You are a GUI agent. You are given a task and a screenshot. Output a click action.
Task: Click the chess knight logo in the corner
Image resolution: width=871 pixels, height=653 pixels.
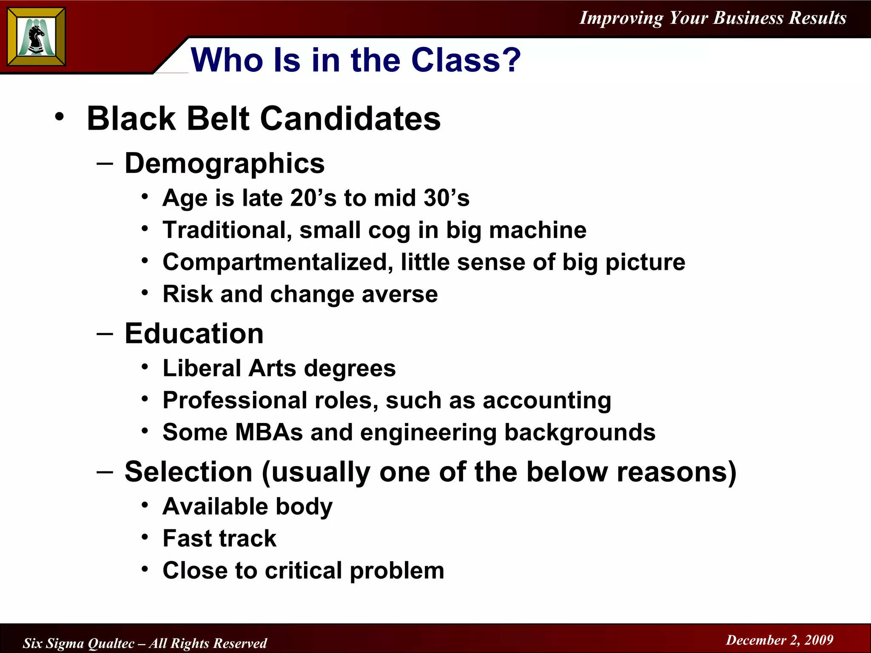pos(37,37)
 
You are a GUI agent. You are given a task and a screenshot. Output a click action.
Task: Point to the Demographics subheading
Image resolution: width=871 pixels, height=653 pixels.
pos(224,163)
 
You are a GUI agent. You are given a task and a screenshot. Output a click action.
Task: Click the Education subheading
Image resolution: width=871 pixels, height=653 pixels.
pos(194,333)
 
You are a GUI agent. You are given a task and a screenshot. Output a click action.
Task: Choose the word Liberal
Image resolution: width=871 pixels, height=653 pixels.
pos(202,368)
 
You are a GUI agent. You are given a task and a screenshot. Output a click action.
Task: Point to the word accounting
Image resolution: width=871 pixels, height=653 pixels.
pos(547,401)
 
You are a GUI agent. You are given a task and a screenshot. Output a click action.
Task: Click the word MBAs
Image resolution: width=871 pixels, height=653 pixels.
pos(269,432)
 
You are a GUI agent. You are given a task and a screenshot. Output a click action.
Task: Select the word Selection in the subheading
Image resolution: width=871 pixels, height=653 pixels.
pos(188,472)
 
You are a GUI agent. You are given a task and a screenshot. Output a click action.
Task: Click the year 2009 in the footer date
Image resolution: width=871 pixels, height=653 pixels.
pos(819,640)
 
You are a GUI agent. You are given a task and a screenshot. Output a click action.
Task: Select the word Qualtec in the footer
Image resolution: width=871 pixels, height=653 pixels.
pos(112,643)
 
